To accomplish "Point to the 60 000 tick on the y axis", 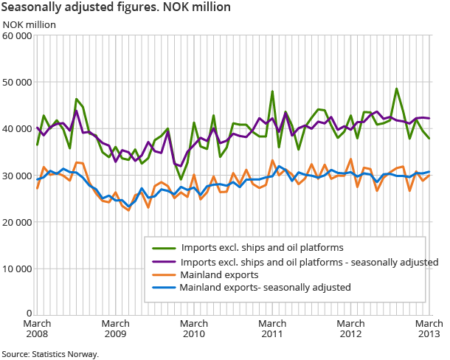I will tap(17, 35).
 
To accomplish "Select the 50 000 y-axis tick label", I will tap(17, 82).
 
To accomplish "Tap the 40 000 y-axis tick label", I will tap(17, 128).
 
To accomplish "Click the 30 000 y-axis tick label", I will tap(17, 175).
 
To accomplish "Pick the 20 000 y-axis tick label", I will tap(17, 221).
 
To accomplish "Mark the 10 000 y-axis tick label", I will tap(17, 268).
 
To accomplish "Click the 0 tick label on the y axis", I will tap(29, 314).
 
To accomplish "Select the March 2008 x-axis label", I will tap(37, 329).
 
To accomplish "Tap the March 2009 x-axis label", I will tap(116, 329).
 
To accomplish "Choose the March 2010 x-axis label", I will tap(194, 329).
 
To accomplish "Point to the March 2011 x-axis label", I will tap(272, 329).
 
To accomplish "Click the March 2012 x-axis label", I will tap(351, 329).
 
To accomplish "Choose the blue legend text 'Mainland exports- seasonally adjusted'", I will tap(265, 288).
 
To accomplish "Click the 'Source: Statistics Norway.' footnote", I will tap(50, 353).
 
